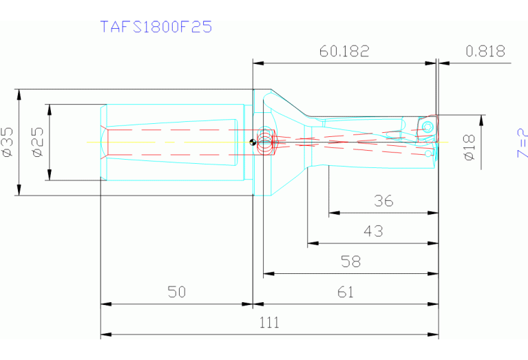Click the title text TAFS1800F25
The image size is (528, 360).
[156, 27]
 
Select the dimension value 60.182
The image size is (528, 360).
[344, 51]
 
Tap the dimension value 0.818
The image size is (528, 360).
[485, 51]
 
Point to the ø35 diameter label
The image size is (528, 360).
[8, 142]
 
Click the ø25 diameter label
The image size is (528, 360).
[38, 142]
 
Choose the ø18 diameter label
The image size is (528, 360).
[469, 147]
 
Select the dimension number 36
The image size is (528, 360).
[383, 201]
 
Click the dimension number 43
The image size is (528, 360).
[373, 231]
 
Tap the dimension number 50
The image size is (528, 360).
[177, 292]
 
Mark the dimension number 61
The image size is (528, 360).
[346, 292]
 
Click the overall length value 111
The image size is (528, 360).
[269, 322]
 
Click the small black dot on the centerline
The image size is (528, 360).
[253, 142]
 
